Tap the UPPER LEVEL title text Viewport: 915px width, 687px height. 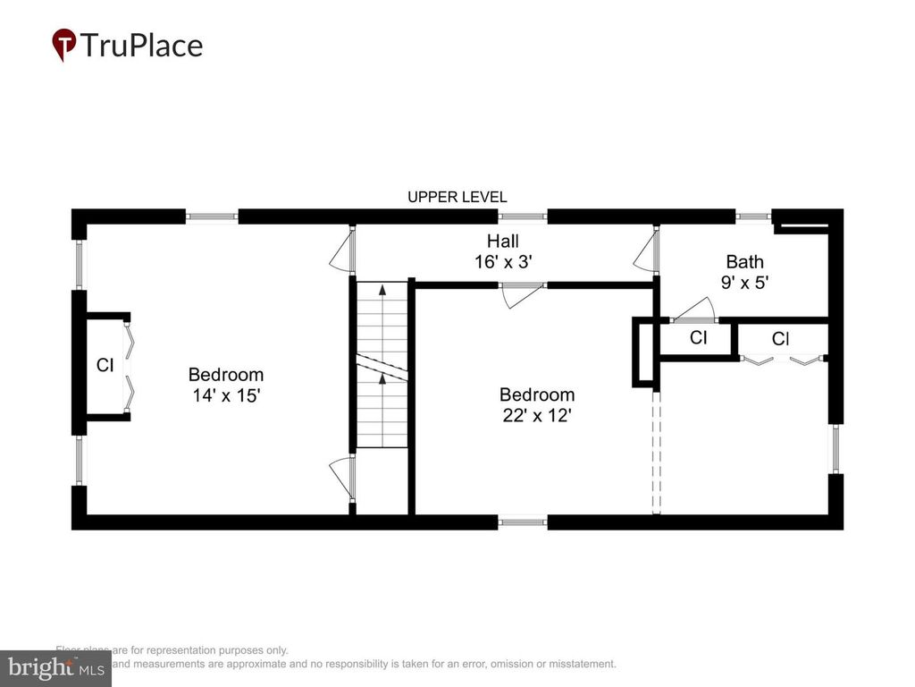[x=457, y=197]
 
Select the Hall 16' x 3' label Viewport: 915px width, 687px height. [x=502, y=251]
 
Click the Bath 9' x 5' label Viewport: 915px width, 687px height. [x=744, y=272]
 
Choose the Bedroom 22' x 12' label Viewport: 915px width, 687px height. [x=536, y=404]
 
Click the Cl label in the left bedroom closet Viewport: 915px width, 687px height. [x=105, y=365]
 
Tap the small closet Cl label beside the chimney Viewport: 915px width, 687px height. [x=698, y=338]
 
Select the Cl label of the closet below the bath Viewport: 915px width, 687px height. [x=780, y=339]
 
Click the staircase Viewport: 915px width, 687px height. [x=382, y=364]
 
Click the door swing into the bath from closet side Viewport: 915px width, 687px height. [x=693, y=311]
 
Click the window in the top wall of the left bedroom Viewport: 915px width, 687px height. [x=212, y=216]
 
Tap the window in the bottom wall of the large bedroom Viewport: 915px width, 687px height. [x=522, y=522]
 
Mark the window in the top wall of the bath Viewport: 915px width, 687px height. [x=752, y=216]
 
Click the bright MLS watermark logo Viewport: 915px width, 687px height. [x=55, y=667]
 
